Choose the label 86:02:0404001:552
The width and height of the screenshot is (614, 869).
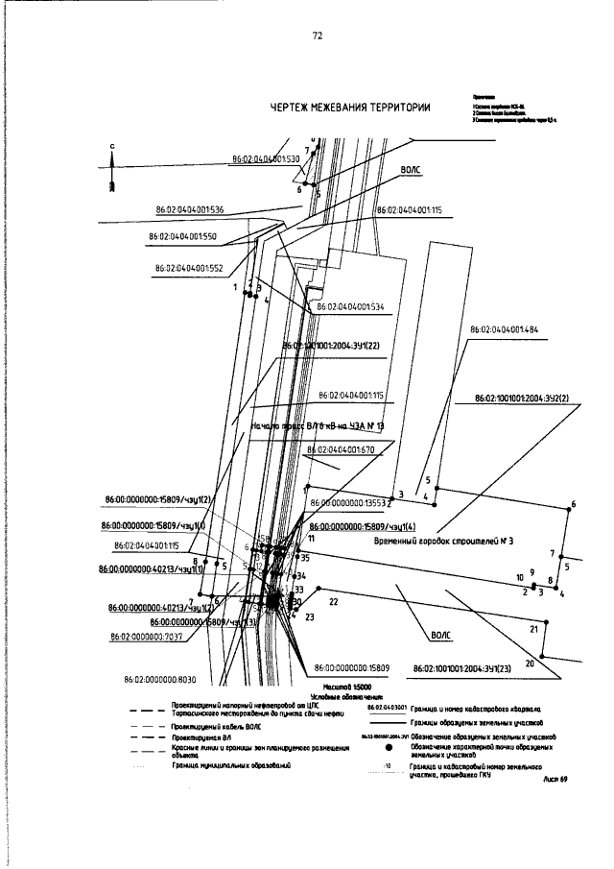(187, 269)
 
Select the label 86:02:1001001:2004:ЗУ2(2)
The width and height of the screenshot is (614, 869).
(522, 397)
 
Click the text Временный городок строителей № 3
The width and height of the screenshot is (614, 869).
(444, 542)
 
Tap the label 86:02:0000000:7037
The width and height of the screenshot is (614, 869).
(147, 637)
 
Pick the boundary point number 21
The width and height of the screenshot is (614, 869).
(533, 630)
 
